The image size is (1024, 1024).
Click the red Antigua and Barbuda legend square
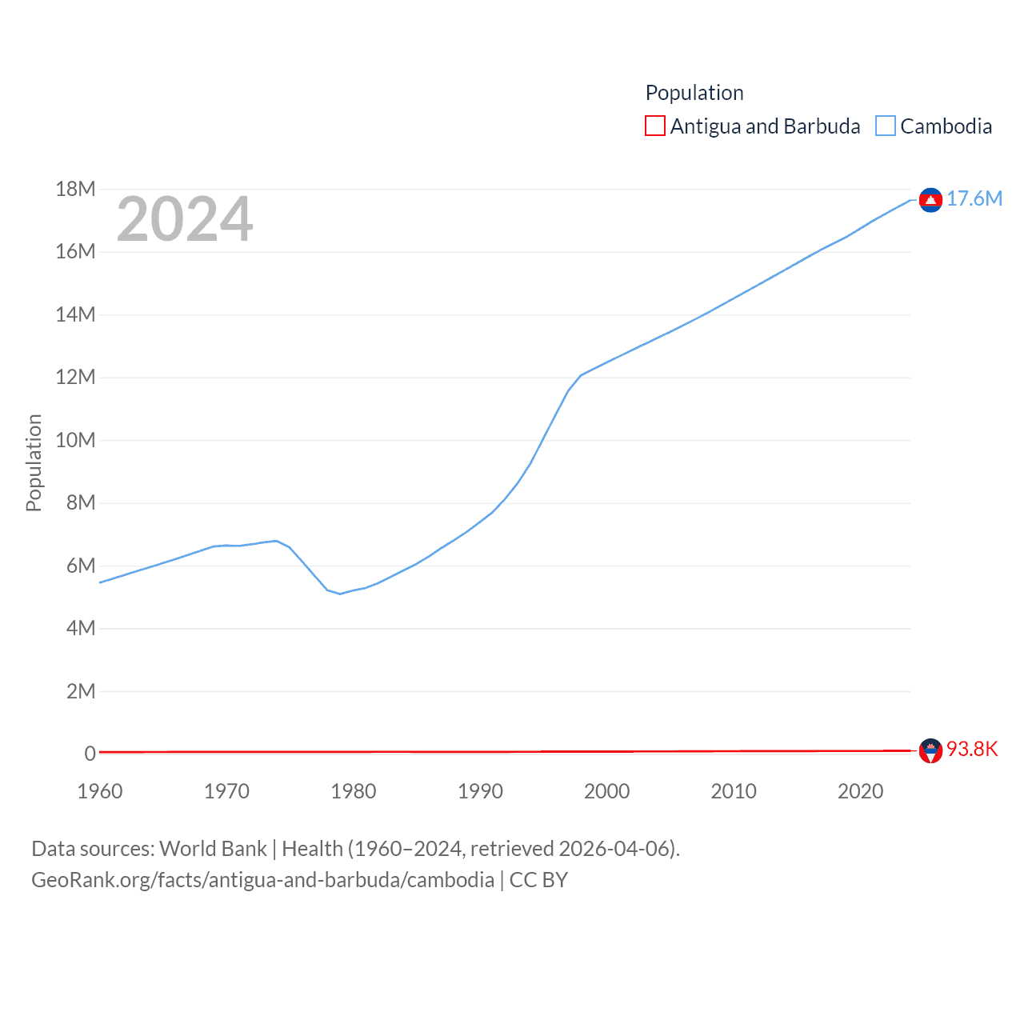(654, 126)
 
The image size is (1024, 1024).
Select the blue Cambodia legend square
(885, 126)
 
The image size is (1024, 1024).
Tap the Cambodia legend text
(946, 126)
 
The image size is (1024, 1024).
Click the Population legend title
(694, 93)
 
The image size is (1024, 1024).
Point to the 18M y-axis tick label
(75, 190)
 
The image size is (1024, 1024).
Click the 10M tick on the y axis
(75, 440)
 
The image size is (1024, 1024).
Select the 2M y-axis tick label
(81, 691)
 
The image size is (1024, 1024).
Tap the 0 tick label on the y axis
(90, 754)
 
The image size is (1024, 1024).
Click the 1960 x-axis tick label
(100, 791)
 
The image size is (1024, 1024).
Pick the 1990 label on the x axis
(480, 791)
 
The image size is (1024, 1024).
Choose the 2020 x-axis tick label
(860, 791)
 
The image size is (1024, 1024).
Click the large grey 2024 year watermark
(185, 219)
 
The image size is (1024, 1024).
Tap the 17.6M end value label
(974, 198)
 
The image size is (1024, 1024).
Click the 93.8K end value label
(972, 749)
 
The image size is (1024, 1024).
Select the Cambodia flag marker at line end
(930, 200)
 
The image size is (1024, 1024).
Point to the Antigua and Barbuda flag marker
(930, 750)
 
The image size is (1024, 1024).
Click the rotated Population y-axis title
(34, 462)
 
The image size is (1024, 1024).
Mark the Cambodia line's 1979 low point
(340, 594)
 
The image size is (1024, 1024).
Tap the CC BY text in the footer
(538, 880)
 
